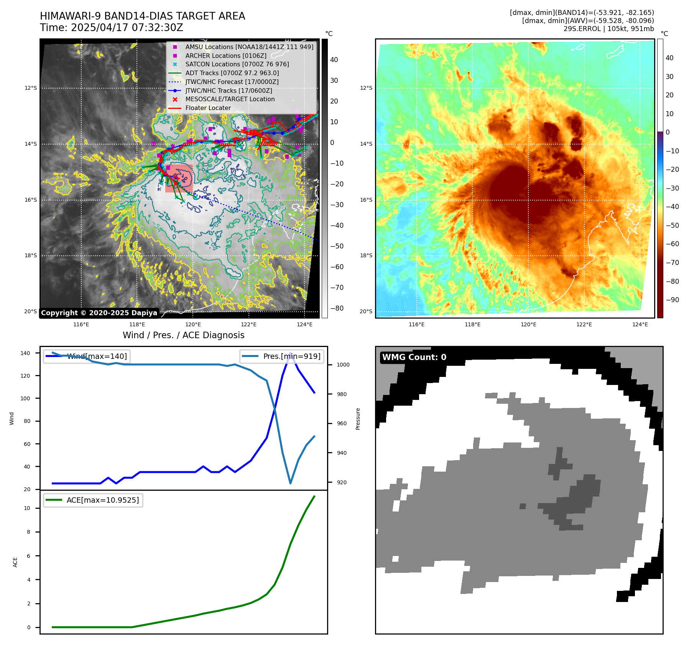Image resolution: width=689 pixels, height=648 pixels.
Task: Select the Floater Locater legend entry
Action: click(208, 108)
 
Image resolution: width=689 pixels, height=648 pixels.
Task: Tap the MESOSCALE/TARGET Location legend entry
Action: click(230, 99)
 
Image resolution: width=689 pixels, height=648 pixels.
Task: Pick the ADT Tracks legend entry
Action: click(232, 73)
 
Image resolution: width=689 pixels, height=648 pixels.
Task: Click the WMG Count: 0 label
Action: click(414, 357)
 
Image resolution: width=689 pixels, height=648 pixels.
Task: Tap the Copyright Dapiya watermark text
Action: click(99, 313)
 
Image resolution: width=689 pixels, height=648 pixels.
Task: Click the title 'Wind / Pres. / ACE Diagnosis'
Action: click(183, 335)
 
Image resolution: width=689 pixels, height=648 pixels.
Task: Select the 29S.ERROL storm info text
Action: click(608, 29)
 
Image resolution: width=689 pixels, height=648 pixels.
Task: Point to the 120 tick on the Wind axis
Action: click(25, 376)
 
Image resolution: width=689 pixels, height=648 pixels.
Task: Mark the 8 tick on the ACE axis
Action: click(29, 532)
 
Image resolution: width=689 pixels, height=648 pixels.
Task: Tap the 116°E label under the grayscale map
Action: click(81, 325)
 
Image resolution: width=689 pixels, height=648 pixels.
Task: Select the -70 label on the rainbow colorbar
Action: click(672, 263)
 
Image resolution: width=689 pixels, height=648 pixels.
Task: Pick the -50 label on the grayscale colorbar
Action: click(337, 246)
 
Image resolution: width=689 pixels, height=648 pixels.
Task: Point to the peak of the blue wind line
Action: click(291, 353)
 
